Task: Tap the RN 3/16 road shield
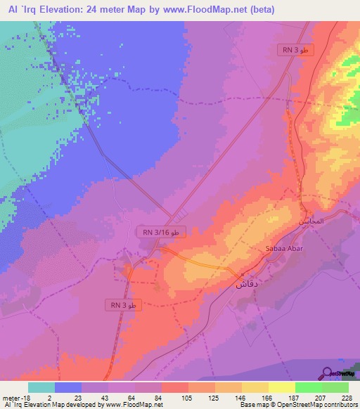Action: tap(161, 232)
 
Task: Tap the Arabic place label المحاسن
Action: tap(312, 220)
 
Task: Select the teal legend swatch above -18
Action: tap(41, 387)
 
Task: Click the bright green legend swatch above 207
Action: tap(308, 387)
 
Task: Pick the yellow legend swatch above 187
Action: tap(281, 387)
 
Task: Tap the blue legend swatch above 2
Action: tap(68, 387)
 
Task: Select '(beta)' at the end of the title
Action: tap(259, 10)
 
